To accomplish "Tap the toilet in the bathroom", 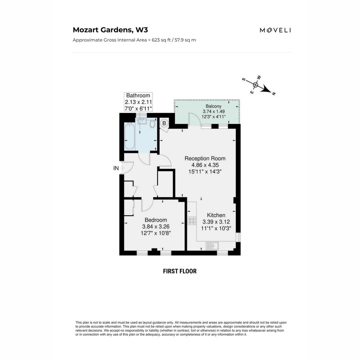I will pos(152,124).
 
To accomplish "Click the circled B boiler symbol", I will pos(164,124).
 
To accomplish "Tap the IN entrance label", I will pos(116,168).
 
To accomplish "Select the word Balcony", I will pos(214,106).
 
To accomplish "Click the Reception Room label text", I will pos(205,158).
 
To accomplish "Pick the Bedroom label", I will pos(156,220).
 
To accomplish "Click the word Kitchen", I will pos(216,215).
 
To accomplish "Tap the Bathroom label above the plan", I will pos(138,96).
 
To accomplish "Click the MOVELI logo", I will pos(275,30).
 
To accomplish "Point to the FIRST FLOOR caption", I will pos(180,271).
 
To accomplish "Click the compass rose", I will pos(256,85).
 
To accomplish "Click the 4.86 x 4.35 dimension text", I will pos(205,165).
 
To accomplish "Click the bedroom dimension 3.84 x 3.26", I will pos(156,226).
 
